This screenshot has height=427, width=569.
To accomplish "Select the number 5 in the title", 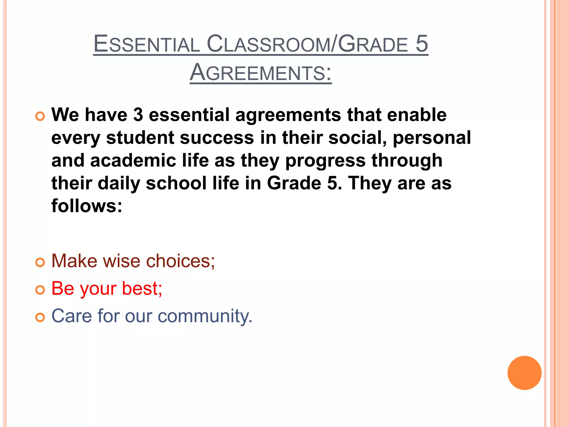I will pos(421,44).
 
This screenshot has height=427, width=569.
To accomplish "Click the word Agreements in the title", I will pos(261,73).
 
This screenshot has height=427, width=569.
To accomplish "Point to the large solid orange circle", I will pos(524,373).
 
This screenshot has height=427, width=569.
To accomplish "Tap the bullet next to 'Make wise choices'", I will pos(40,262).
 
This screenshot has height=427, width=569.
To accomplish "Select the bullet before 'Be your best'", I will pos(40,290).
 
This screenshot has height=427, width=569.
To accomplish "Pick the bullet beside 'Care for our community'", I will pos(40,317).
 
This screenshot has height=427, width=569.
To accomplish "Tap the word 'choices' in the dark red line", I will pos(180,261).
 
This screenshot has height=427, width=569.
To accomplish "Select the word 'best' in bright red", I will pos(142,289).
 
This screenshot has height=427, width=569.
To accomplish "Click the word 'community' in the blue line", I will pos(205,316).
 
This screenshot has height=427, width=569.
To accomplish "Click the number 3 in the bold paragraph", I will pos(138,115).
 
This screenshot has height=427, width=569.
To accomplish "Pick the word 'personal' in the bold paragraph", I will pos(432,138).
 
